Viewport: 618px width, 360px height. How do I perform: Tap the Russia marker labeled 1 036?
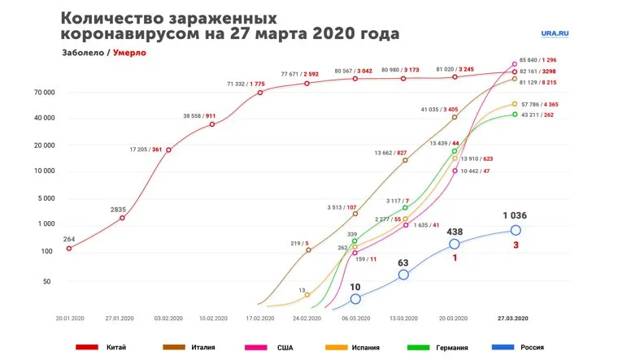click(x=516, y=230)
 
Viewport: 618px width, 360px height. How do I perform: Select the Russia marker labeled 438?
click(x=454, y=244)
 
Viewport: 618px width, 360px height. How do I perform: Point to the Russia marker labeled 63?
click(x=403, y=275)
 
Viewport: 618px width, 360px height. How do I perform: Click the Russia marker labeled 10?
click(x=355, y=299)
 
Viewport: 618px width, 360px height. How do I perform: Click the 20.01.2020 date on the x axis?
click(x=70, y=318)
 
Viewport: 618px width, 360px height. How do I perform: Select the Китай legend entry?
click(x=115, y=347)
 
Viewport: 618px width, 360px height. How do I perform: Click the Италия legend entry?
click(x=202, y=347)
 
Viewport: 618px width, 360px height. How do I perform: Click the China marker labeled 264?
click(x=69, y=248)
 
